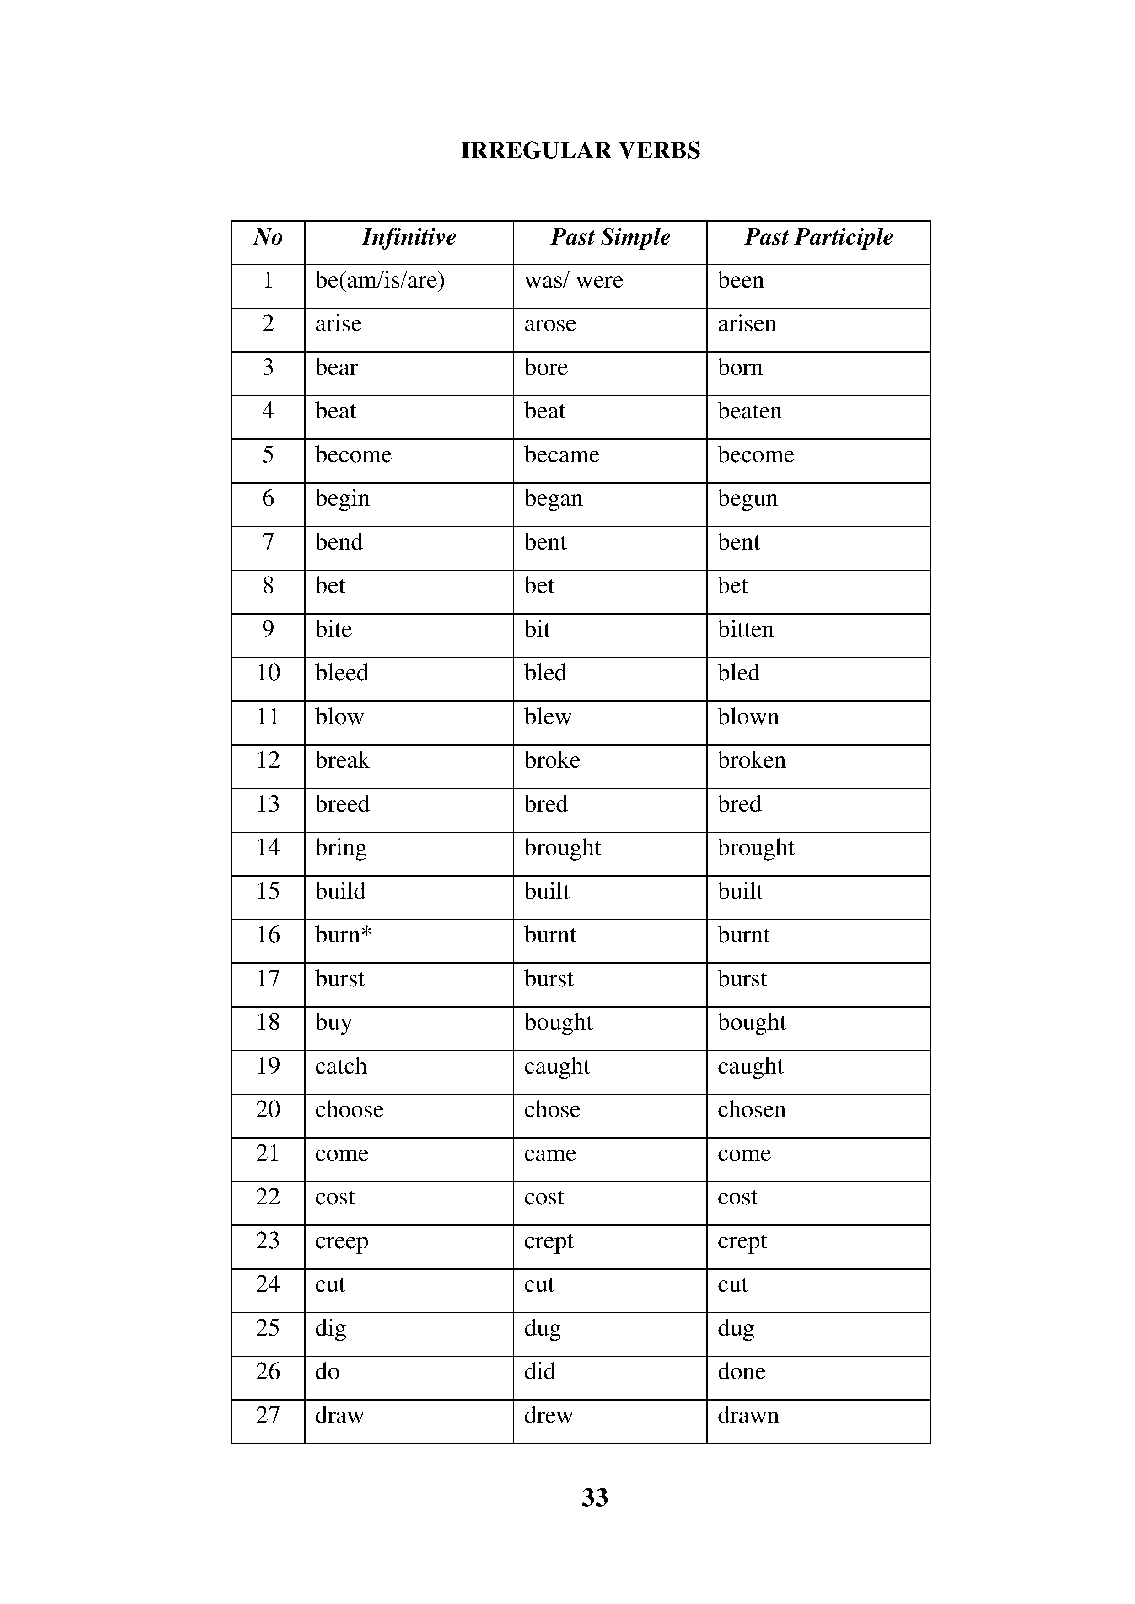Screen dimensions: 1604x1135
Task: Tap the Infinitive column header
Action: point(409,237)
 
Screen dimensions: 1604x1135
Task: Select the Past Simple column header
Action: point(610,237)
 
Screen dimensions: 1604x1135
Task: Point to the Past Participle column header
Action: point(818,237)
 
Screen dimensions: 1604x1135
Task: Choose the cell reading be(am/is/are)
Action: point(380,281)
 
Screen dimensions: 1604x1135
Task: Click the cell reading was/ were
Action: point(574,281)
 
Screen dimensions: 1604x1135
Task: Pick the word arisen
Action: point(747,324)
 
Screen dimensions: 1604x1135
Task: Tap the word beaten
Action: point(750,412)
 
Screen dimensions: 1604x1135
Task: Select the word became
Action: point(562,455)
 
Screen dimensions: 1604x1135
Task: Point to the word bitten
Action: point(746,630)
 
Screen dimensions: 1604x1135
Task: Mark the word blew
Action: point(548,717)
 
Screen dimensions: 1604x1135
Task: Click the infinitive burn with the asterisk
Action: point(343,936)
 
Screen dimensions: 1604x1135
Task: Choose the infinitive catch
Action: point(341,1067)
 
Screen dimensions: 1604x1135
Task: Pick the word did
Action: point(539,1372)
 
